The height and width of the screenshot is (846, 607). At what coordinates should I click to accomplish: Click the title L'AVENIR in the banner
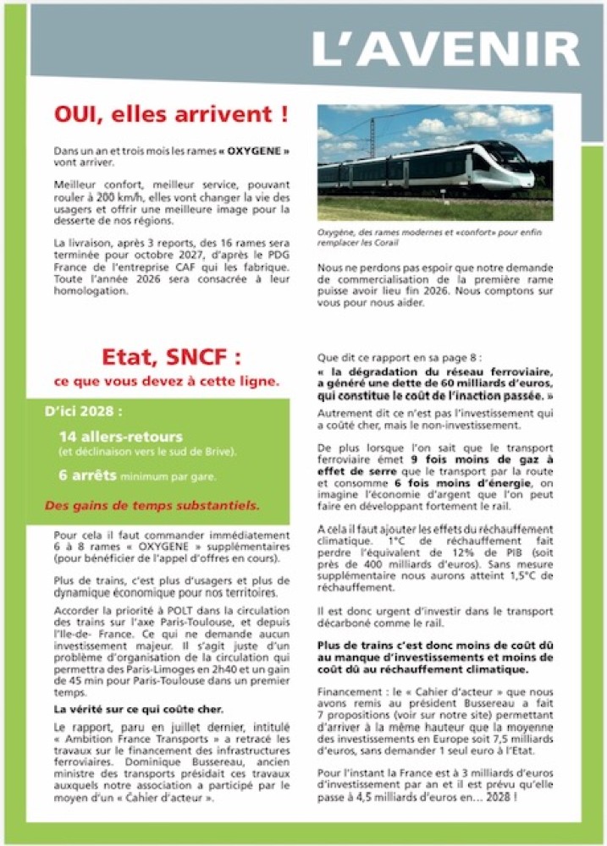pyautogui.click(x=445, y=50)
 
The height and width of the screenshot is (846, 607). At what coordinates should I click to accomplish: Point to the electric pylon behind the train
pyautogui.click(x=372, y=135)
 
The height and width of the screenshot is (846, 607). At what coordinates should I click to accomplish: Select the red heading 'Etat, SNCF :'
pyautogui.click(x=171, y=355)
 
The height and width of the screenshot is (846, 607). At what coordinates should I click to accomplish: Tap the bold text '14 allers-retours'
pyautogui.click(x=120, y=437)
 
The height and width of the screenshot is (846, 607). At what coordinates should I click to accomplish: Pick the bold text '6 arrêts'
pyautogui.click(x=87, y=475)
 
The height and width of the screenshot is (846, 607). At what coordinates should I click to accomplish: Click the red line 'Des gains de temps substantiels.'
pyautogui.click(x=152, y=507)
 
